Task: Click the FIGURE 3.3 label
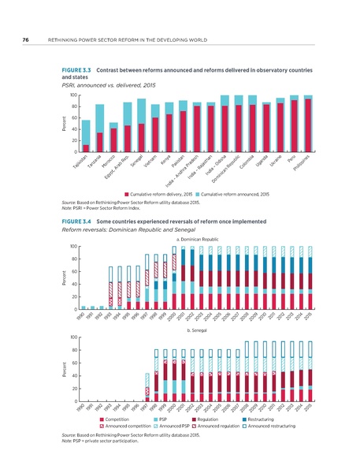80,70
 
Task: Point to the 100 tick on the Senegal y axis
73,337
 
